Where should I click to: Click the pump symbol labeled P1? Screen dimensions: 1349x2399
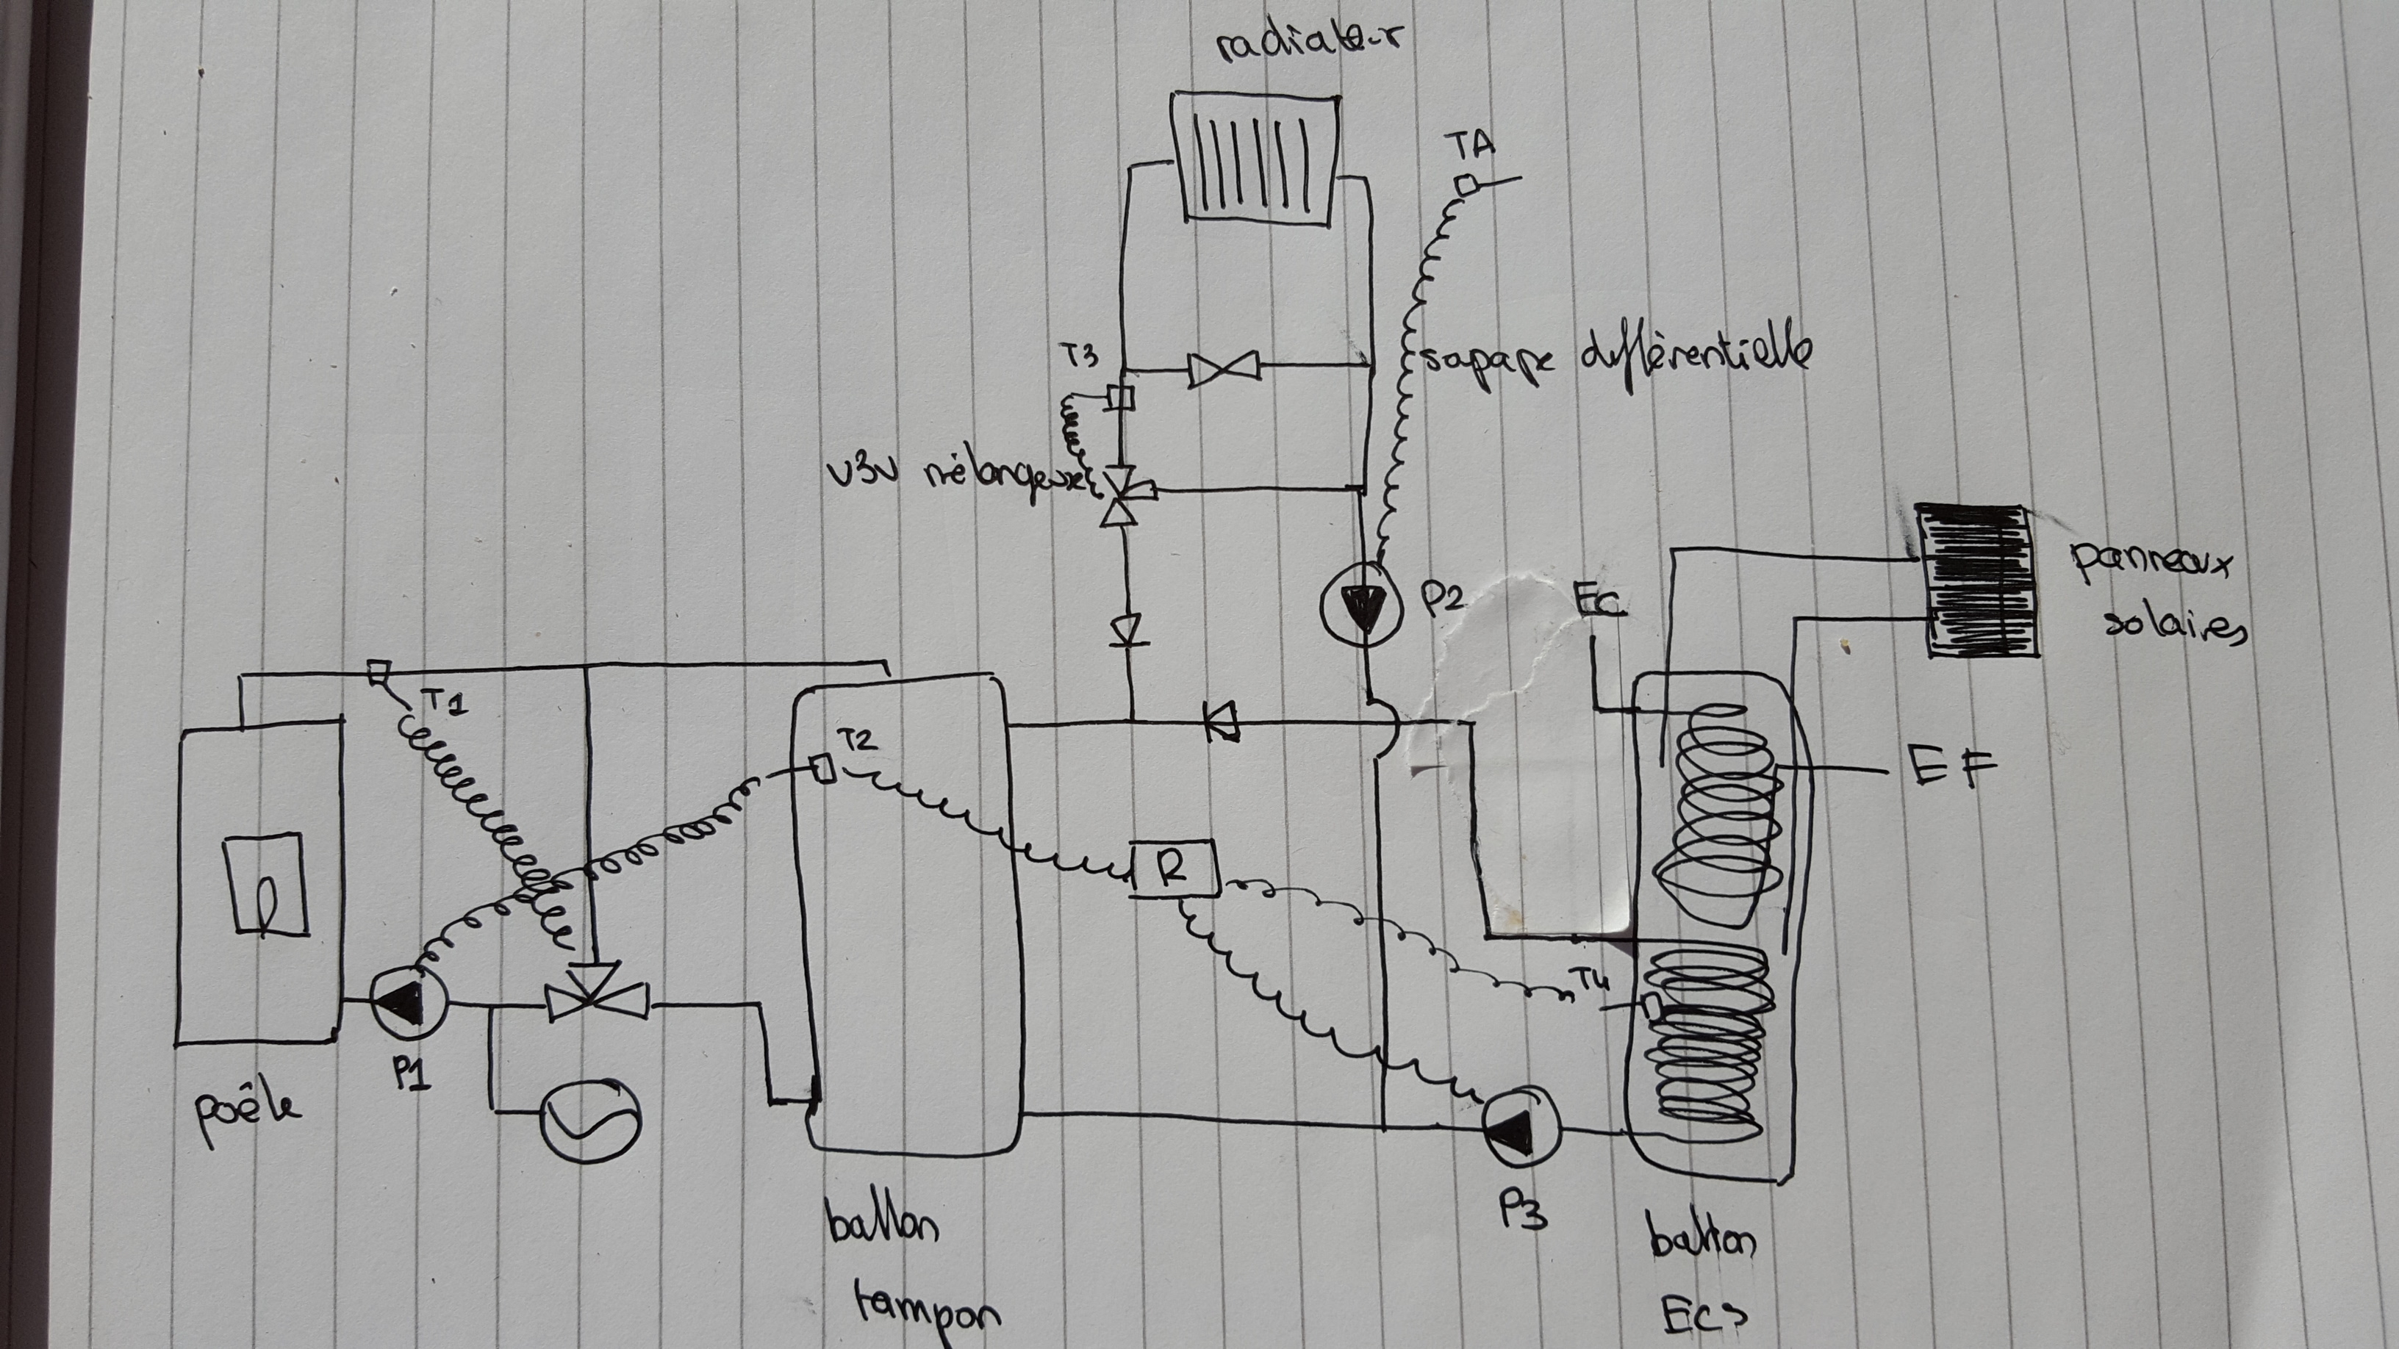(408, 1001)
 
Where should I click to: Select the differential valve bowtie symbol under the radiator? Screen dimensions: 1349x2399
(1223, 370)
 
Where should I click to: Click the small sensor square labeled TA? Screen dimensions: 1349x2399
(1469, 185)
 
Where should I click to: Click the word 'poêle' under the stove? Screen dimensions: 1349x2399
(246, 1111)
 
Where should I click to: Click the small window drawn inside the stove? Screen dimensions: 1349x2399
(266, 883)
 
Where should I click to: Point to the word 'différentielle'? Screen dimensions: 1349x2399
(1695, 358)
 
